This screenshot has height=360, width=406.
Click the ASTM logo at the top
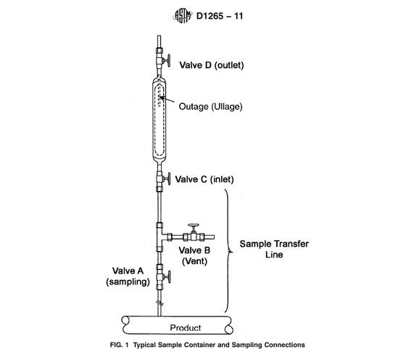(x=183, y=16)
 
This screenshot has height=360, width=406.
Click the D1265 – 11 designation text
(x=220, y=16)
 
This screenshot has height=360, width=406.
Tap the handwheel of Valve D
(x=169, y=61)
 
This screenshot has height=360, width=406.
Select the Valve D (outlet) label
(x=212, y=65)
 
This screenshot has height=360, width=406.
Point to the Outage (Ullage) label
(x=210, y=107)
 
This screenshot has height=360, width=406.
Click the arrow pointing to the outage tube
(x=167, y=99)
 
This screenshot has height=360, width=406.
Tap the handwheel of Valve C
(x=169, y=179)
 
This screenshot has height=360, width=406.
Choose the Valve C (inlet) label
(x=204, y=179)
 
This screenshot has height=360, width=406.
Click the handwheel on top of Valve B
(x=194, y=225)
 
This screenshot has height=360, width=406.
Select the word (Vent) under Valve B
(x=194, y=261)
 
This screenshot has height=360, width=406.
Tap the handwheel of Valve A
(x=169, y=277)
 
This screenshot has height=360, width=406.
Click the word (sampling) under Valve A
(x=128, y=282)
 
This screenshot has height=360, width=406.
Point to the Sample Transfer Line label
(x=274, y=249)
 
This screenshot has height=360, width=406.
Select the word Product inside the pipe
(x=186, y=328)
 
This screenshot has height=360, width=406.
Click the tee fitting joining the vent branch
(x=161, y=237)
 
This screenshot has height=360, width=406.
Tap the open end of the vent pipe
(x=214, y=237)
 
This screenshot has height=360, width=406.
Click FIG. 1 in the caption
(x=119, y=345)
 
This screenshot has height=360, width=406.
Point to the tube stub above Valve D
(x=159, y=41)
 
